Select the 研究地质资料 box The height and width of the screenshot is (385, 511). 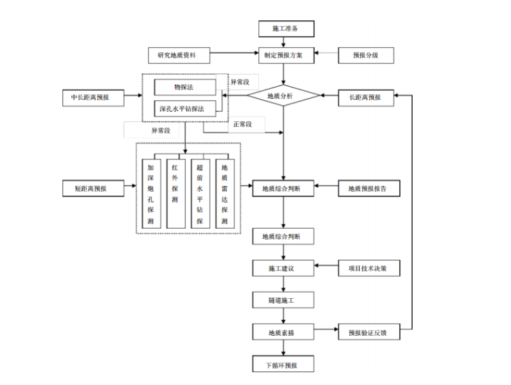pos(180,55)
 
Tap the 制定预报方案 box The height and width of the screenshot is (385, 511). pos(286,55)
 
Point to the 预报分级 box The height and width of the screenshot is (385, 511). pos(365,55)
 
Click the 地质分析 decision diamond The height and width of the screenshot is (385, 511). pos(283,96)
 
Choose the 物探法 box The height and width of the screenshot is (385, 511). pos(185,87)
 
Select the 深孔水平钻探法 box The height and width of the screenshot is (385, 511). pos(185,108)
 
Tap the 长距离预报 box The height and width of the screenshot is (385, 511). pos(365,97)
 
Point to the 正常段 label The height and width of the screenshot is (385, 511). pos(242,124)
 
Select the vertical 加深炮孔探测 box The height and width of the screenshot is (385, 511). pos(151,194)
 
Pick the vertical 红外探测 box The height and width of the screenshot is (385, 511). pos(175,194)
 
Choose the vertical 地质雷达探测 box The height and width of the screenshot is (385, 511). pos(225,194)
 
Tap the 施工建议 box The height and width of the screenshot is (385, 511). pos(283,269)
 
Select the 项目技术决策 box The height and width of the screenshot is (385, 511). pos(368,269)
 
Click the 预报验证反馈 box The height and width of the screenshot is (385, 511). pos(368,332)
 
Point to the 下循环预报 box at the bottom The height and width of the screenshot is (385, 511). pos(283,365)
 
